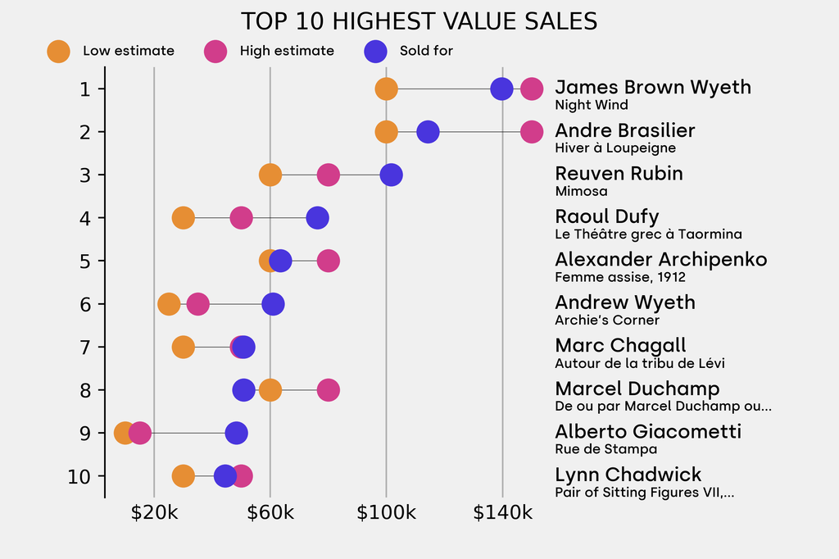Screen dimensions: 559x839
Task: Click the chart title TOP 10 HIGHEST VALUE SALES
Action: point(419,20)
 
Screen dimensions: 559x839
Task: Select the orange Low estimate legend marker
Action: point(58,51)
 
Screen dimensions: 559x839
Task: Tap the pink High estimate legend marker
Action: point(215,51)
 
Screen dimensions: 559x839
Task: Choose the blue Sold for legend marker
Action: point(374,51)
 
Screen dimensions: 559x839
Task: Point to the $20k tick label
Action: point(154,514)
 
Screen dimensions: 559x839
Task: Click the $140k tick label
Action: point(502,514)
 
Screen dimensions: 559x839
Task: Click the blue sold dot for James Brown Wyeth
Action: point(501,89)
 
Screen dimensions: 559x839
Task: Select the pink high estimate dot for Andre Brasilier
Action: point(532,131)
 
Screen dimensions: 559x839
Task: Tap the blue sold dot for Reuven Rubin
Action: point(392,175)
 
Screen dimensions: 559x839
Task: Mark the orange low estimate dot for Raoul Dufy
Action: point(184,218)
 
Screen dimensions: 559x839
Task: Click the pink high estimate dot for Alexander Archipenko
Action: point(329,261)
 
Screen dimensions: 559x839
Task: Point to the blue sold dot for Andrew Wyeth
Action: point(274,304)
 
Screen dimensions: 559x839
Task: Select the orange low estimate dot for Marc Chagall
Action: point(184,347)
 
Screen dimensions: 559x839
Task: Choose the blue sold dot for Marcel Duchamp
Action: point(243,390)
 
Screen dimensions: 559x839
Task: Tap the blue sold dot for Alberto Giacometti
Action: point(236,433)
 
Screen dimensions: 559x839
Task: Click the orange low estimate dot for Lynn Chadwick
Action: point(184,476)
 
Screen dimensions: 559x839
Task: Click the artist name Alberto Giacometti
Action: point(648,432)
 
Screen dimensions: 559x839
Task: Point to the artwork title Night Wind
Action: point(592,105)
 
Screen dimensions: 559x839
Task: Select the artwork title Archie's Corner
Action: point(607,320)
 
